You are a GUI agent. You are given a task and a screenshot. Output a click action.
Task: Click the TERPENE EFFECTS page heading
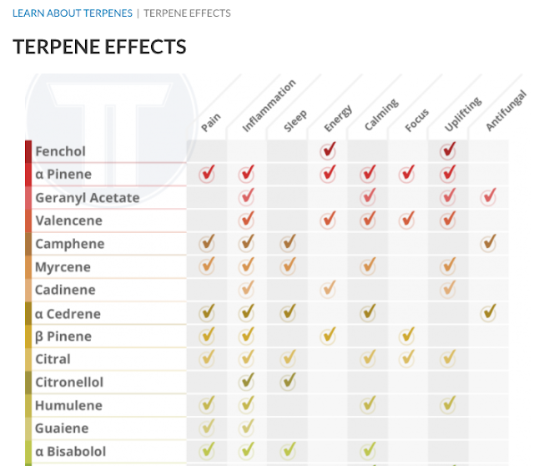(x=99, y=47)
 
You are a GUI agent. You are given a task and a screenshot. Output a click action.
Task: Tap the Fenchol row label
(x=60, y=151)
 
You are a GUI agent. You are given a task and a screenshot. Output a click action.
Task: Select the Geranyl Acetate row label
(x=87, y=198)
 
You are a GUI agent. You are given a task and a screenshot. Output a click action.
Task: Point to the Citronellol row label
(x=69, y=382)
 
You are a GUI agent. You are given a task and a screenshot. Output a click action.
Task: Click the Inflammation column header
(x=269, y=107)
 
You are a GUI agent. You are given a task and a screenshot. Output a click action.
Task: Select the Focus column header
(x=416, y=120)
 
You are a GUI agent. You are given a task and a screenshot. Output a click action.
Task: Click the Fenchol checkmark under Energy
(x=328, y=150)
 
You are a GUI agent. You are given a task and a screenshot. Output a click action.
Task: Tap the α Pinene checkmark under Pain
(x=207, y=174)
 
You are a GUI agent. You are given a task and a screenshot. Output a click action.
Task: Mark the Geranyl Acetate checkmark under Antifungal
(x=489, y=197)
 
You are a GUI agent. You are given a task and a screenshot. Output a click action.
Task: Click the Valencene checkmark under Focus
(x=407, y=220)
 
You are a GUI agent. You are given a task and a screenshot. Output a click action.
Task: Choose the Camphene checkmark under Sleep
(x=288, y=243)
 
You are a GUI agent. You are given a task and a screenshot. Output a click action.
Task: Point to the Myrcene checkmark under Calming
(x=368, y=266)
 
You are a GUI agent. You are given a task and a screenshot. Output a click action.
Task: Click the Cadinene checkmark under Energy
(x=328, y=289)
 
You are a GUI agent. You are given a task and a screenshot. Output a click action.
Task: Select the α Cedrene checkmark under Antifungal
(x=489, y=312)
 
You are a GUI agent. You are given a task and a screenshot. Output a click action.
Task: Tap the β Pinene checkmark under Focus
(x=407, y=336)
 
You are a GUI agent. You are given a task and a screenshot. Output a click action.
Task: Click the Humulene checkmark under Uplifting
(x=449, y=405)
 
